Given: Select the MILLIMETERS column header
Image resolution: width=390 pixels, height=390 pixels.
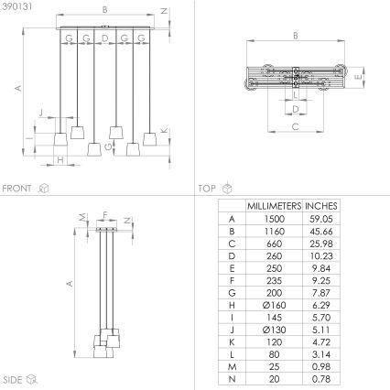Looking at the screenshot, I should [x=275, y=207].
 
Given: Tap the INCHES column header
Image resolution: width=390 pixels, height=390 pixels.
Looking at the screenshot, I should [x=321, y=207].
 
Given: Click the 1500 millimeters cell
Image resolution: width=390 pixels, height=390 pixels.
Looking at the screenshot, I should [x=275, y=220].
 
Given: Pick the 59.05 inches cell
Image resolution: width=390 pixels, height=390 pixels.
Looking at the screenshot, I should [x=321, y=220].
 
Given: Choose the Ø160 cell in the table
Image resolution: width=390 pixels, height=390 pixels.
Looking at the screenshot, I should [x=275, y=303].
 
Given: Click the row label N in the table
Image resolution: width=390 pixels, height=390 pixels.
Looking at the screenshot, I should [x=231, y=374].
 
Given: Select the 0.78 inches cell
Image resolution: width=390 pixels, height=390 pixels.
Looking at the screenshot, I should [x=321, y=374].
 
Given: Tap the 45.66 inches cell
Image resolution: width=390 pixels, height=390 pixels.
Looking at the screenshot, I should [x=321, y=232].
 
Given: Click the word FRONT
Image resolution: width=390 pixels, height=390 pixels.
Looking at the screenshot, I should [x=17, y=188].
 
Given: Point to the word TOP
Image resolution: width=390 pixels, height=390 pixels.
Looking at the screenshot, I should [x=206, y=188].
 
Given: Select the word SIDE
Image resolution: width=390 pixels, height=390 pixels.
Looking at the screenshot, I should [x=13, y=377].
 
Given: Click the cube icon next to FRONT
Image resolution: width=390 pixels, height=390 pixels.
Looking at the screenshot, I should [x=43, y=188].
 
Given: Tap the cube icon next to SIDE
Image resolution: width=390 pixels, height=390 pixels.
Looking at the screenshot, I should [x=34, y=377].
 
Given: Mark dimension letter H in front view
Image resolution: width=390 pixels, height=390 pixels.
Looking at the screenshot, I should [x=60, y=160].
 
